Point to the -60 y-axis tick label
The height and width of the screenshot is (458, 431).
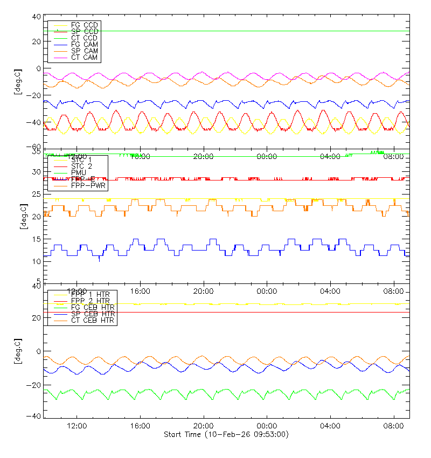click(34, 147)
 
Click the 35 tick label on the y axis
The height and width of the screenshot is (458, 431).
click(37, 153)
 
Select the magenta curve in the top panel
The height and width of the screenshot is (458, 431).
click(124, 73)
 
